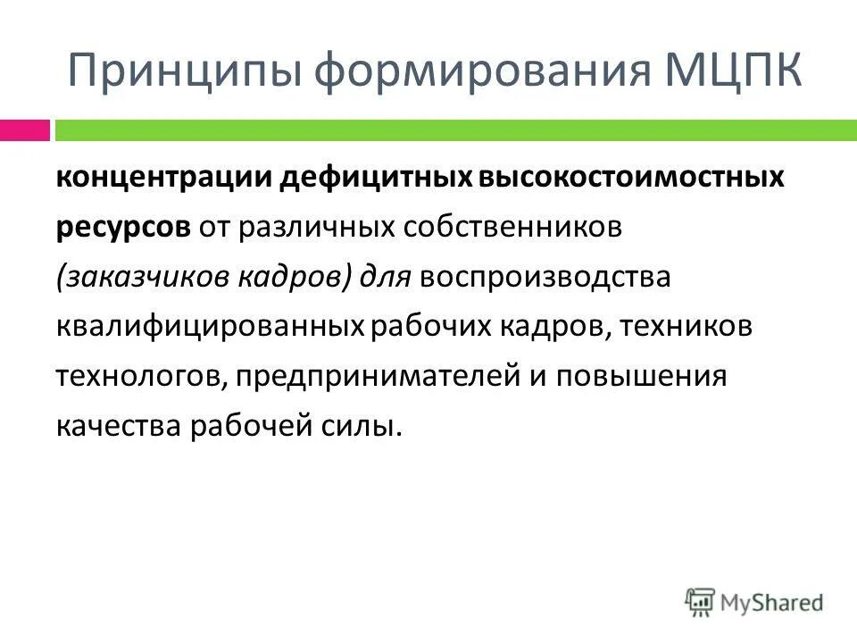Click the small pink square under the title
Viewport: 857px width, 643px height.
pyautogui.click(x=25, y=130)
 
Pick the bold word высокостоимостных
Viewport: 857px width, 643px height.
pyautogui.click(x=620, y=177)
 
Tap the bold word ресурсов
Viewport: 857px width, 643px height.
pyautogui.click(x=122, y=227)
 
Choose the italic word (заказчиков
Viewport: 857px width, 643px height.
pyautogui.click(x=143, y=277)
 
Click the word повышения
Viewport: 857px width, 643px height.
pyautogui.click(x=642, y=376)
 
